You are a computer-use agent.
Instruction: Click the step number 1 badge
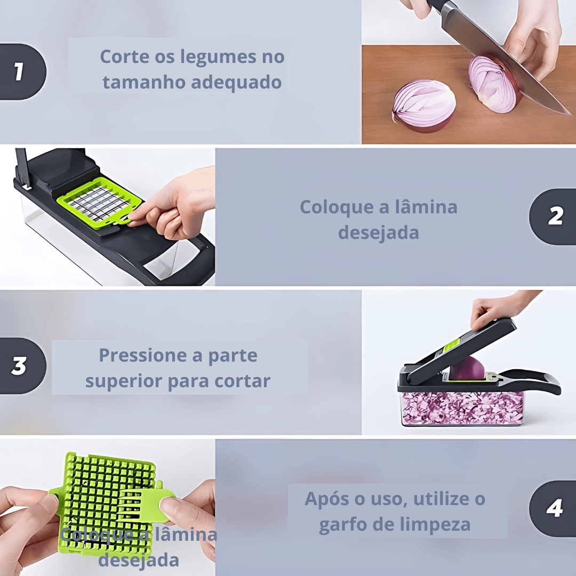click(22, 71)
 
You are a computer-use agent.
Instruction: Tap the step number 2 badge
click(553, 217)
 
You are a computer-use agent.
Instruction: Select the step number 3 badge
click(22, 366)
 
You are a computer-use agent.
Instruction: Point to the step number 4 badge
click(553, 508)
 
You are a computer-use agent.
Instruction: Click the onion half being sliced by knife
click(493, 85)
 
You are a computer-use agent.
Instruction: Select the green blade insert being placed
click(99, 203)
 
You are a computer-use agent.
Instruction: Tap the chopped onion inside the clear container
click(462, 408)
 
